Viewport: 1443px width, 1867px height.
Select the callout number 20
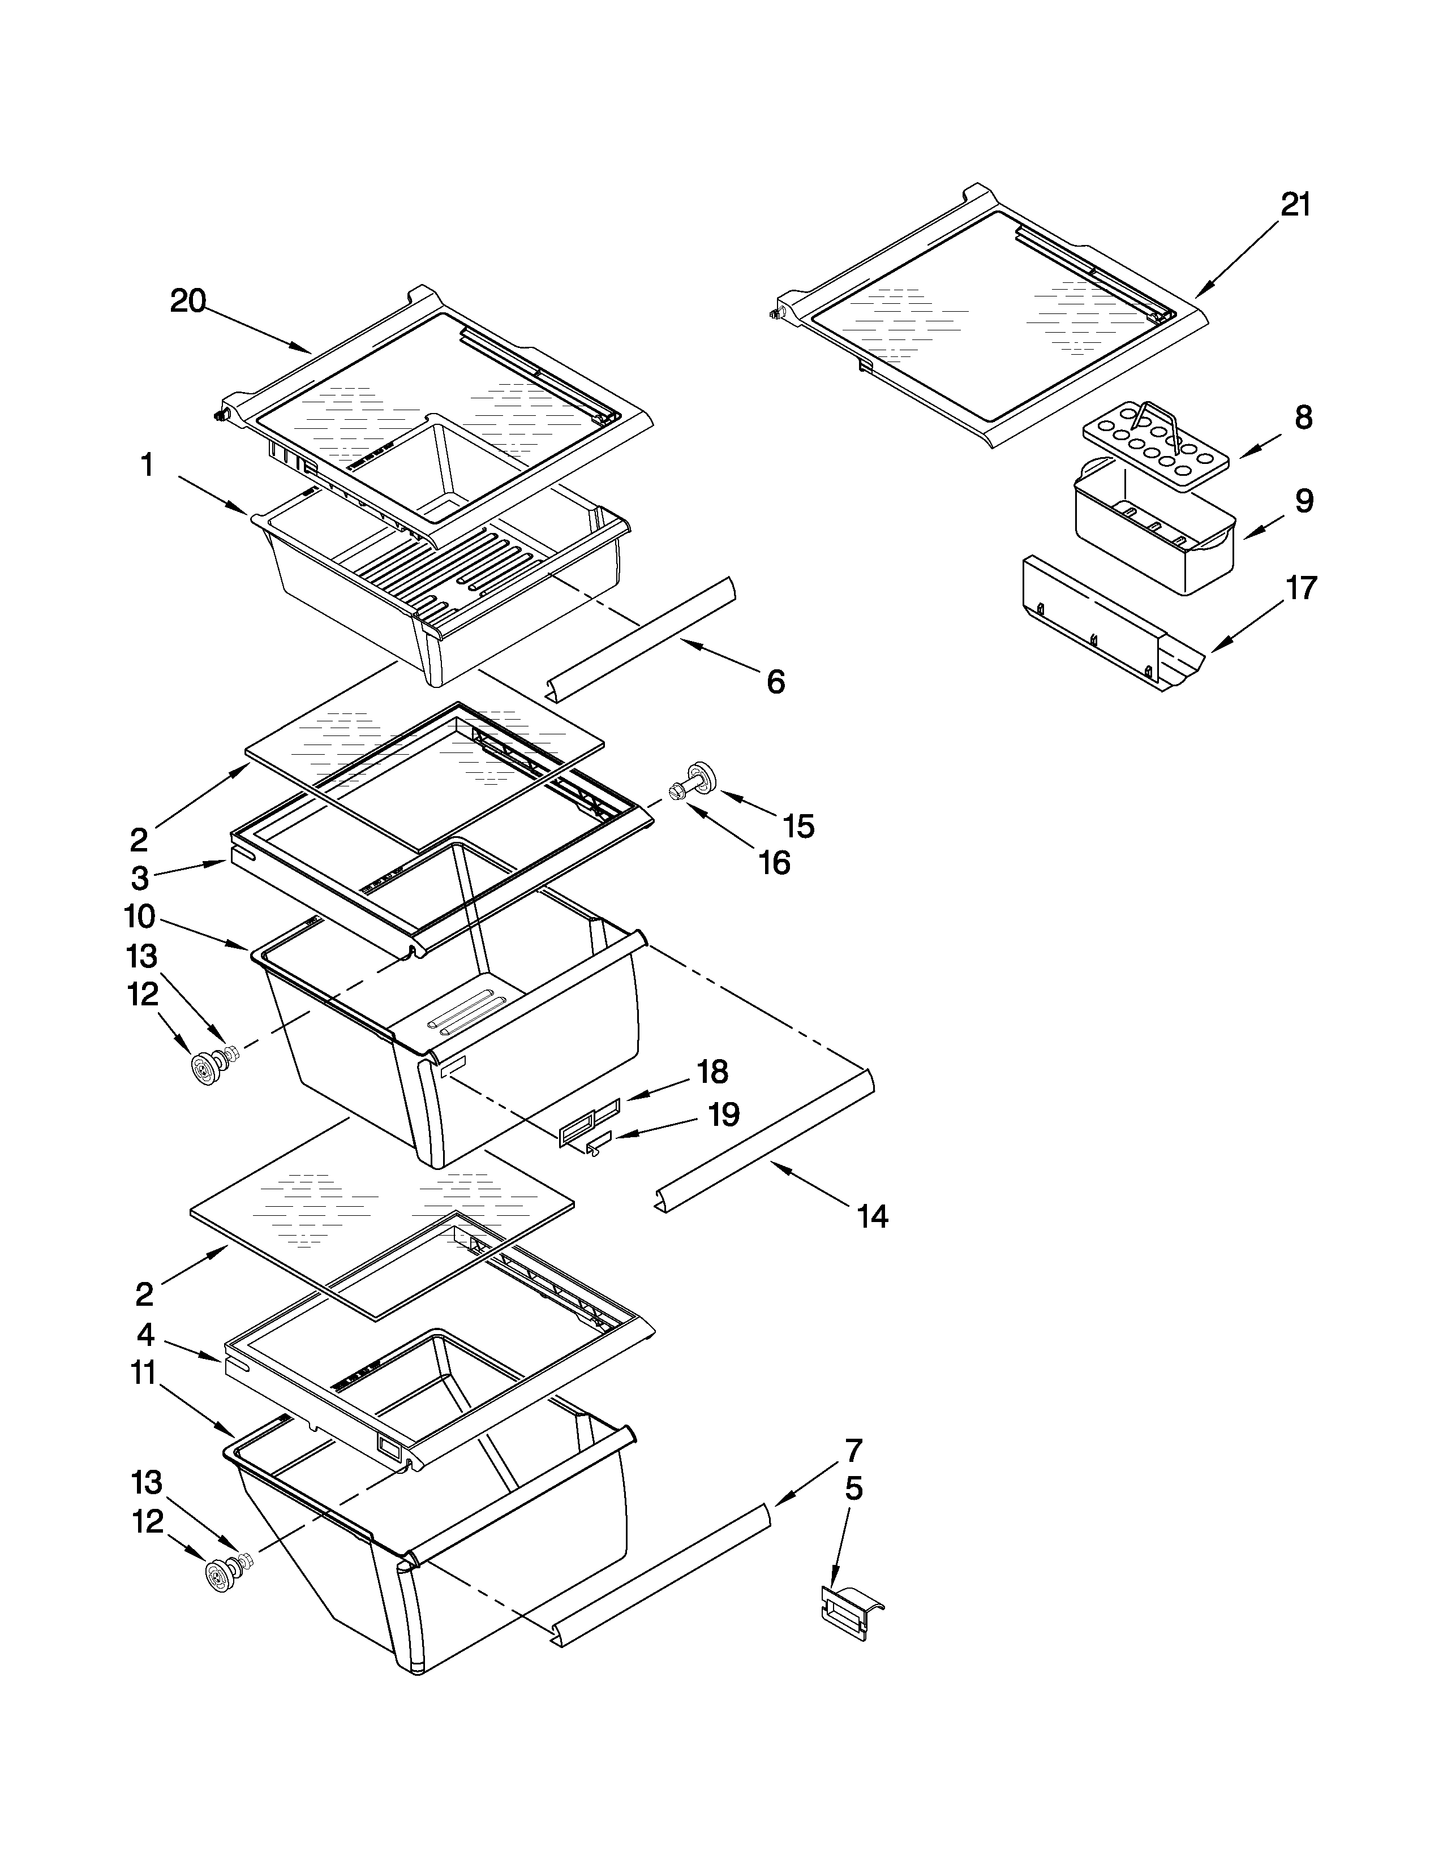188,301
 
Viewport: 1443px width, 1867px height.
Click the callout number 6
775,682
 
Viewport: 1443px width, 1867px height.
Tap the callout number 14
873,1216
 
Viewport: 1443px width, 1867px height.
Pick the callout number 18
712,1071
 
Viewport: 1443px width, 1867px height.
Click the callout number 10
139,917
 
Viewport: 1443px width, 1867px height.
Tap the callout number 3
139,878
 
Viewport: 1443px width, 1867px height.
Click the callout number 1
147,466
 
